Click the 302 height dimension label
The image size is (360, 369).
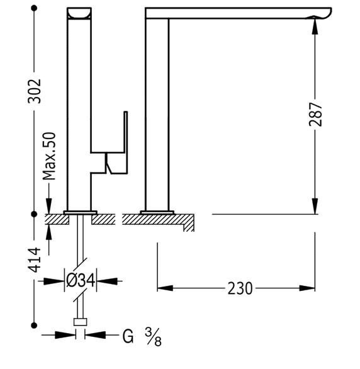click(35, 91)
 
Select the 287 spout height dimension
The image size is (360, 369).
click(315, 114)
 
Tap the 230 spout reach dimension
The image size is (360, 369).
click(240, 288)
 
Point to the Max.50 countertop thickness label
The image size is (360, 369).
click(49, 156)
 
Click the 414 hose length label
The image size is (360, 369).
click(35, 260)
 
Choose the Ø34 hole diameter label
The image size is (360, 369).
click(81, 280)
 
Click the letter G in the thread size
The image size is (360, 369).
click(128, 336)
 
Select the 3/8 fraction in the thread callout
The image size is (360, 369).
click(154, 337)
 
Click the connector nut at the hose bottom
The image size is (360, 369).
click(80, 322)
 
